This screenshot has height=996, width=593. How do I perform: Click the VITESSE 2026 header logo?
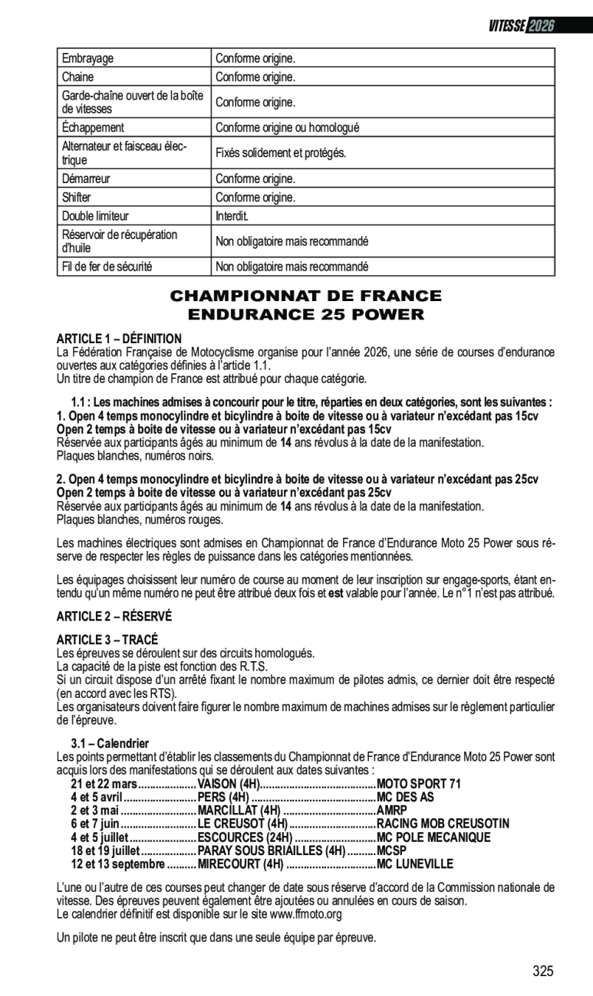click(x=521, y=25)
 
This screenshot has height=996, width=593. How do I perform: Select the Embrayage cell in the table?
click(x=88, y=58)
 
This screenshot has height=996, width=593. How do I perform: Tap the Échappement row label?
click(x=93, y=128)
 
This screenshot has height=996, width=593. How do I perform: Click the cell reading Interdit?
click(x=232, y=216)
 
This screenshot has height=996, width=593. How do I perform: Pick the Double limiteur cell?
click(x=95, y=216)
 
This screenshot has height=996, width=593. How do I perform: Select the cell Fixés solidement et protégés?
click(x=281, y=153)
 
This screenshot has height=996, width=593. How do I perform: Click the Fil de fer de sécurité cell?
click(x=107, y=267)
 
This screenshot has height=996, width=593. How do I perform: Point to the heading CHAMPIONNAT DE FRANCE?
click(x=305, y=296)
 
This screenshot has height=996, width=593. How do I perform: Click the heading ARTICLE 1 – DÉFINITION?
click(x=119, y=338)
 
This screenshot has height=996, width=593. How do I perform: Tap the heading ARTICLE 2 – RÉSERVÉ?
click(x=114, y=615)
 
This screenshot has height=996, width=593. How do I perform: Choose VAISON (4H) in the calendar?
click(x=229, y=784)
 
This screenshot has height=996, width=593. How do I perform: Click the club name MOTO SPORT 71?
click(x=418, y=784)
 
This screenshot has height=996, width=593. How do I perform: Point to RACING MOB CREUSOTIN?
click(x=442, y=824)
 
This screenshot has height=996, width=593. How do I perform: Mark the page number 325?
click(x=542, y=971)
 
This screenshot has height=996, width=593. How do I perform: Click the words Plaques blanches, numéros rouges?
click(x=140, y=519)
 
